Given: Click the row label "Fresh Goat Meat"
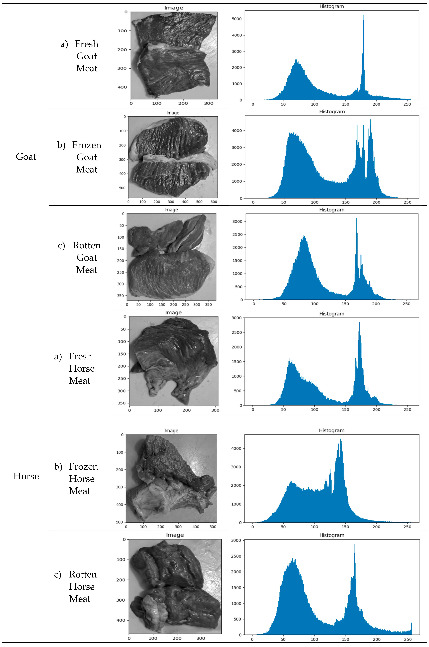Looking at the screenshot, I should pos(86,56).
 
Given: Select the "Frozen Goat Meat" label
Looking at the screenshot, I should pos(86,157).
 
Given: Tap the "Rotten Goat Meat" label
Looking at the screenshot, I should pos(86,257).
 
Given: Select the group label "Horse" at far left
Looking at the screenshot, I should pos(26,476).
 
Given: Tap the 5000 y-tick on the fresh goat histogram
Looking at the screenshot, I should pos(237,19).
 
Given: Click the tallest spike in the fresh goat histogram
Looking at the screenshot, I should pos(363,16).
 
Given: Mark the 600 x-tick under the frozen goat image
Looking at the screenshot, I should pos(214,202).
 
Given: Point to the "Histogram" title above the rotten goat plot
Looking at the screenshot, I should pos(332,210).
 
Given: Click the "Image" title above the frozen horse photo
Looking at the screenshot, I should pos(171,431).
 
